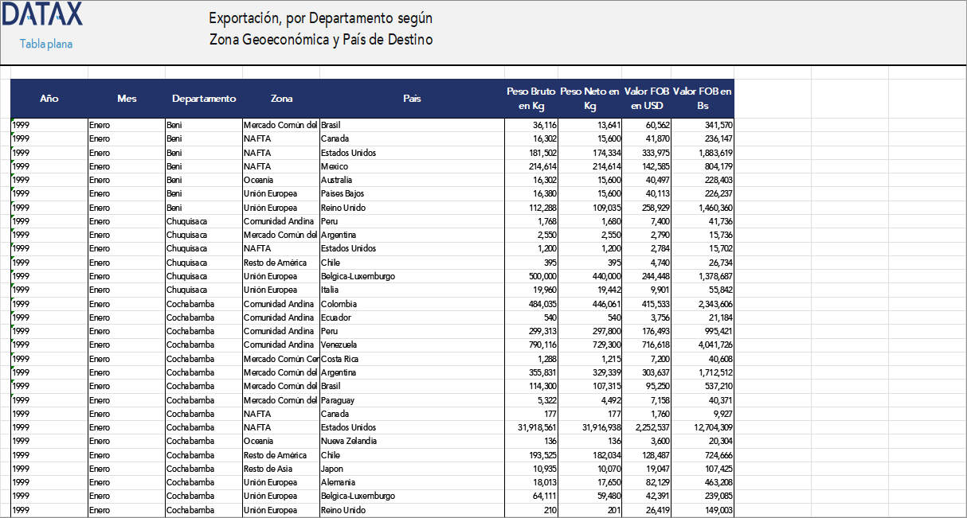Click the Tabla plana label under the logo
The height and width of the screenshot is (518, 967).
tap(46, 44)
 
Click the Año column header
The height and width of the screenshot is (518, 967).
tap(49, 99)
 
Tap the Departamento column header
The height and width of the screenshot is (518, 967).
tap(204, 99)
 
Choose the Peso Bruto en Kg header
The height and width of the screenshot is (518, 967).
tap(531, 99)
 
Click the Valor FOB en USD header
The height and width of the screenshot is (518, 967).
tap(647, 99)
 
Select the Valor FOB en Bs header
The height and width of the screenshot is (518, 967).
tap(702, 99)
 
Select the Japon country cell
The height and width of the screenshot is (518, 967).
tap(332, 469)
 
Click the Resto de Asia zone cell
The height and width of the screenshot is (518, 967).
tap(270, 469)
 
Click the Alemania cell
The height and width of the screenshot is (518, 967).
tap(337, 482)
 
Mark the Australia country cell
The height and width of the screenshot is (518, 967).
tap(337, 180)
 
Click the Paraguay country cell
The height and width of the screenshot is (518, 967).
tap(338, 400)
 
